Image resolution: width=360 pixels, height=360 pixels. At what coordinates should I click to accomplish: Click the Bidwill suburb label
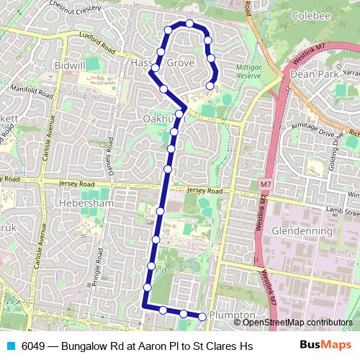click(70, 66)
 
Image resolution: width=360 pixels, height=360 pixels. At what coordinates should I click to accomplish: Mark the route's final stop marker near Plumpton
click(202, 317)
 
